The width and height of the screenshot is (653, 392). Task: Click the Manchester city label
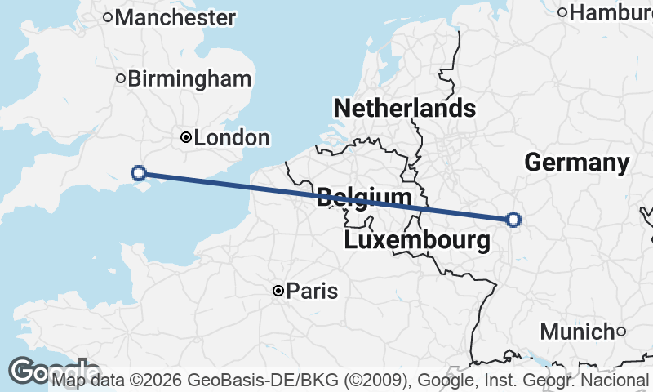pyautogui.click(x=176, y=17)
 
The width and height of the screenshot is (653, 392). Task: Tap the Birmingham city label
pyautogui.click(x=189, y=79)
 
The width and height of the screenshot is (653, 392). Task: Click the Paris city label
pyautogui.click(x=313, y=292)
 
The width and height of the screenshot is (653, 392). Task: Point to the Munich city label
pyautogui.click(x=577, y=332)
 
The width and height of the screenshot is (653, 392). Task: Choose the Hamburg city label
pyautogui.click(x=611, y=12)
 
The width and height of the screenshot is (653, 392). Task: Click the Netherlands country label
pyautogui.click(x=404, y=108)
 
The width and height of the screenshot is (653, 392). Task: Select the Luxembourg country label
pyautogui.click(x=417, y=240)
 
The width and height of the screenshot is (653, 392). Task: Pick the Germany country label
pyautogui.click(x=576, y=163)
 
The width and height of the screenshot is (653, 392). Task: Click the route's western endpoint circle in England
pyautogui.click(x=139, y=172)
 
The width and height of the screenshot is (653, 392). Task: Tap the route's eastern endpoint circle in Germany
pyautogui.click(x=513, y=219)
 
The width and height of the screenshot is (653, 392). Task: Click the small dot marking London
pyautogui.click(x=186, y=138)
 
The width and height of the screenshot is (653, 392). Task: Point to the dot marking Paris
pyautogui.click(x=278, y=291)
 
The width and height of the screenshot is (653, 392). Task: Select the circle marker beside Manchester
pyautogui.click(x=108, y=16)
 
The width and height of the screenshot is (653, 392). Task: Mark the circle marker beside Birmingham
pyautogui.click(x=121, y=79)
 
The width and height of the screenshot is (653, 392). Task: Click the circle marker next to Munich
pyautogui.click(x=621, y=331)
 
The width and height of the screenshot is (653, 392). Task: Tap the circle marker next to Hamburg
pyautogui.click(x=562, y=11)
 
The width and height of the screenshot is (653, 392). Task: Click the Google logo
pyautogui.click(x=33, y=371)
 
